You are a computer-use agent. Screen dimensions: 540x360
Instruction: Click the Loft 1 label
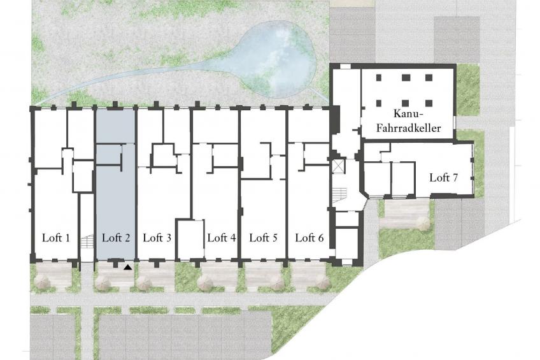click(56, 238)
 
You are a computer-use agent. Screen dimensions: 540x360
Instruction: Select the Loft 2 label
click(116, 238)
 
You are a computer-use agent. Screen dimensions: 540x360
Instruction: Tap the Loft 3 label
click(157, 238)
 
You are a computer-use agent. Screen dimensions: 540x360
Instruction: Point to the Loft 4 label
click(222, 238)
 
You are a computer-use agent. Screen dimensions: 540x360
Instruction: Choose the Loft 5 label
click(264, 238)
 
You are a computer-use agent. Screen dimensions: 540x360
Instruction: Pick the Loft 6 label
click(309, 238)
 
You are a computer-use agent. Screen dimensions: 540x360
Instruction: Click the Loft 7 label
click(444, 178)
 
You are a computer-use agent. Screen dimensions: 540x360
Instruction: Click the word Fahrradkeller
click(408, 129)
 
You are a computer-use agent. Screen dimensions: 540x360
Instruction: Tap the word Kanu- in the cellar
click(408, 113)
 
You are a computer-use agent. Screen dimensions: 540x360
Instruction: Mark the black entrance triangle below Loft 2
click(128, 266)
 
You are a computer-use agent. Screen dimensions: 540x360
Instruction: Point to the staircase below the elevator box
click(339, 196)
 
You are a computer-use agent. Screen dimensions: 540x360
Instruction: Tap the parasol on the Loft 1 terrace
click(43, 282)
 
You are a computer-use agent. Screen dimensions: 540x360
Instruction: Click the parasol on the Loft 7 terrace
click(423, 223)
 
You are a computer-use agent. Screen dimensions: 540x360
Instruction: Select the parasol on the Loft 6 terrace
click(323, 282)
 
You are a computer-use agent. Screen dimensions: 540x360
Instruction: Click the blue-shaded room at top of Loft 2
click(115, 126)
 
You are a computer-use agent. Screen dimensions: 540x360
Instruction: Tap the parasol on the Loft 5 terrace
click(276, 282)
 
